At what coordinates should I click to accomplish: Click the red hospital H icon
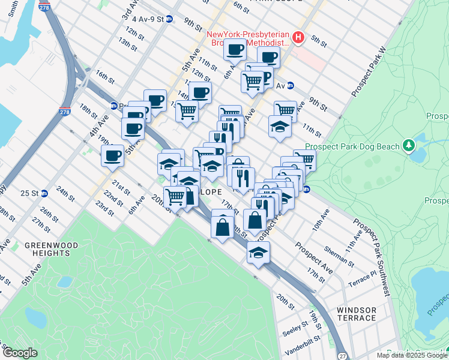[x=299, y=39]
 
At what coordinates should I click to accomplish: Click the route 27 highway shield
[x=341, y=355]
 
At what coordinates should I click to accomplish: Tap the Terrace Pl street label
[x=364, y=277]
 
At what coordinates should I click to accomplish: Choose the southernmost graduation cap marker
[x=258, y=253]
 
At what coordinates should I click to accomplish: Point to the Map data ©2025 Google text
[x=411, y=355]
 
